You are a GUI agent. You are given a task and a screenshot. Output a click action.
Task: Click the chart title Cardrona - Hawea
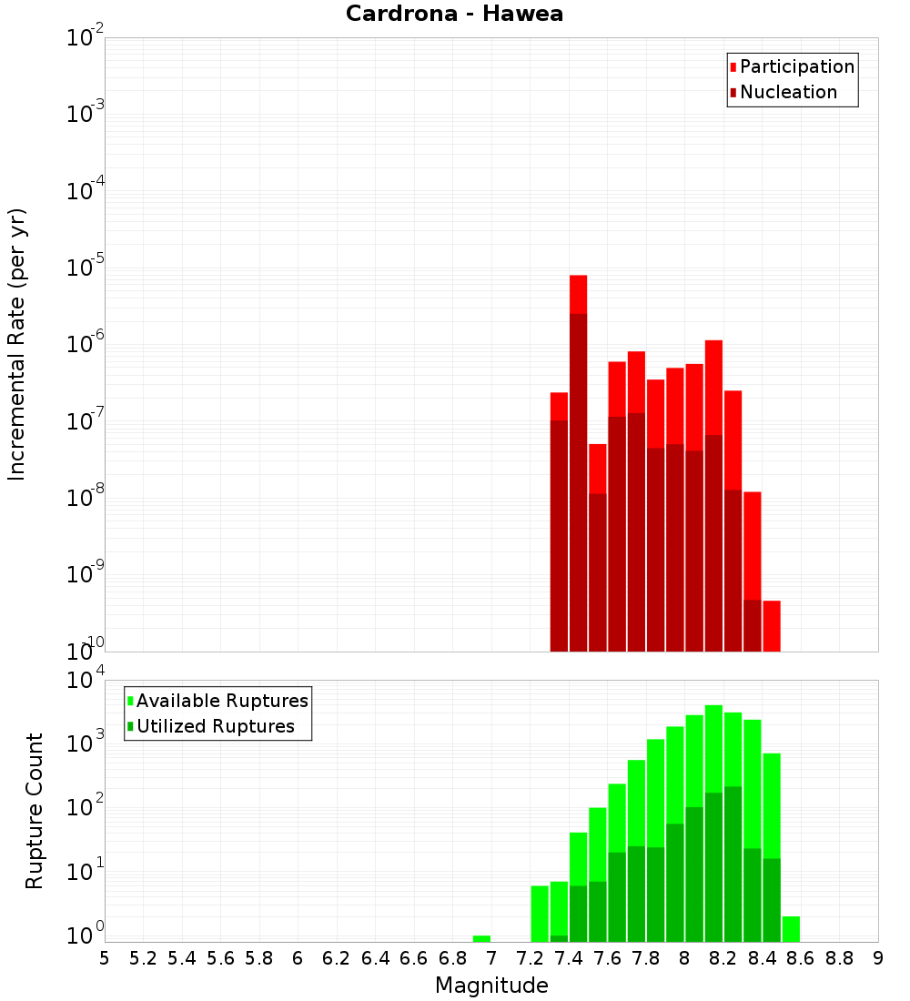[455, 14]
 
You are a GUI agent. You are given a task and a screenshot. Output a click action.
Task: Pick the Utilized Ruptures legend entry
[215, 726]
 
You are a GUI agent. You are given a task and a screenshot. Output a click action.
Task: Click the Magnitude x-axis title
[491, 986]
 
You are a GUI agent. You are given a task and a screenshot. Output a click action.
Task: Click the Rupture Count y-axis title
[35, 810]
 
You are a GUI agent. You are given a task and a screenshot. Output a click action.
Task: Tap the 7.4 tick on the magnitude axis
[569, 958]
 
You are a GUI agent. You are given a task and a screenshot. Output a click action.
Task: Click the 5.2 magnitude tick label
[143, 958]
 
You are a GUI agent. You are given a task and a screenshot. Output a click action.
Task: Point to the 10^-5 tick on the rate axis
[85, 268]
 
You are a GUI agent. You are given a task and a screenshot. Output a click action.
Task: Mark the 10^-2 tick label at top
[85, 38]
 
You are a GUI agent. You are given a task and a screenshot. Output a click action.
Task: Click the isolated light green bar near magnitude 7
[482, 938]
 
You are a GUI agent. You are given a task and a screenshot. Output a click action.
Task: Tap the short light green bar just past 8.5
[791, 929]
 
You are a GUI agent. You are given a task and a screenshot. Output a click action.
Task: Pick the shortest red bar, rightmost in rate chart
[772, 625]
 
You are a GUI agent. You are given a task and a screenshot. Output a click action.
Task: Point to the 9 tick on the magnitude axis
[878, 958]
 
